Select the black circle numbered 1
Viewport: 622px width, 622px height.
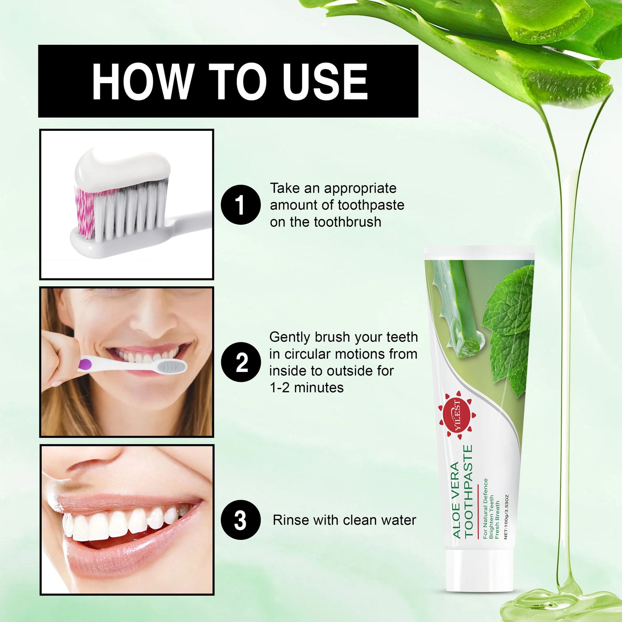(241, 205)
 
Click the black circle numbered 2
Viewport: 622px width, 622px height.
(241, 362)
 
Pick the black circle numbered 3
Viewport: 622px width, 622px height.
(241, 520)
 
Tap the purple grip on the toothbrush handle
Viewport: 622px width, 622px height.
(84, 364)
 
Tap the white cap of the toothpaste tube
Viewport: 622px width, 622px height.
(479, 570)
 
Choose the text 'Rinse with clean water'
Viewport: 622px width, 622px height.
(344, 520)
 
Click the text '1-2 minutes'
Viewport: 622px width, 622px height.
(306, 387)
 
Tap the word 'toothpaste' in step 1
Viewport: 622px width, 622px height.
(371, 205)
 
